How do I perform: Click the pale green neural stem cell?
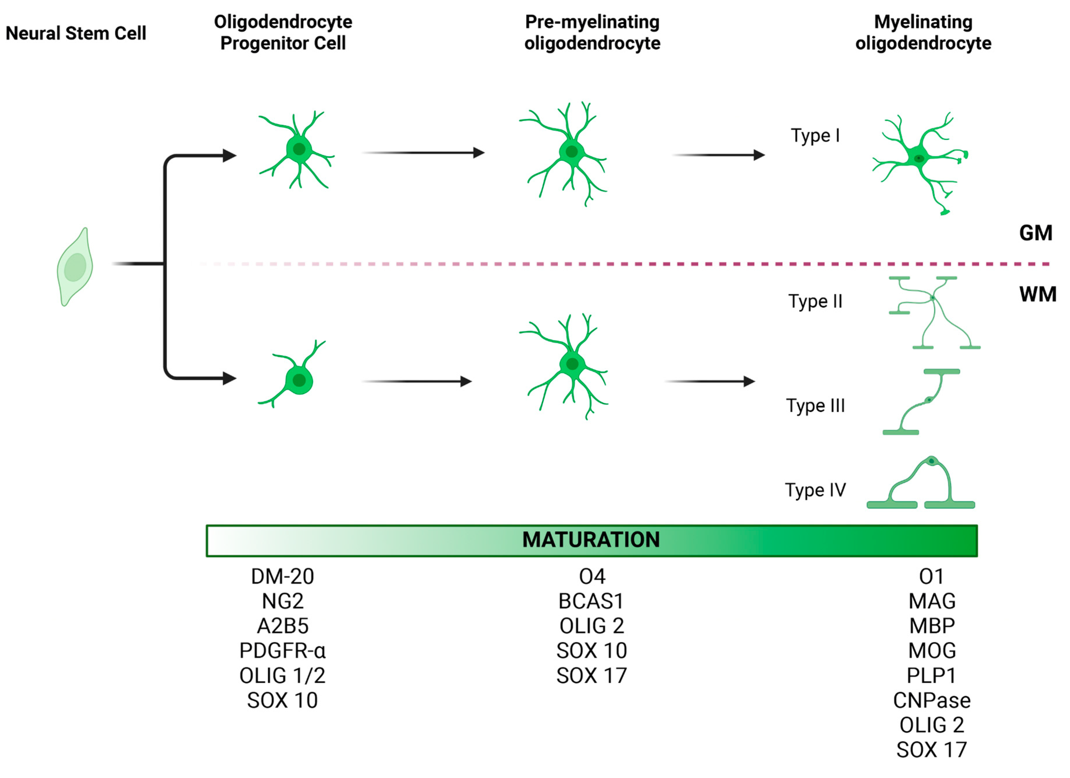click(x=75, y=267)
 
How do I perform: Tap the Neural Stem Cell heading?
click(x=76, y=33)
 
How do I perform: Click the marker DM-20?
click(x=282, y=577)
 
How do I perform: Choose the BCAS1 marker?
click(x=591, y=601)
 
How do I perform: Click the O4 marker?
click(x=592, y=577)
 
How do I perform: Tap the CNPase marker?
click(x=932, y=700)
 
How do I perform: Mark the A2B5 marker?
click(x=283, y=626)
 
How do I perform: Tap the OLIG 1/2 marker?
click(x=282, y=676)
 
